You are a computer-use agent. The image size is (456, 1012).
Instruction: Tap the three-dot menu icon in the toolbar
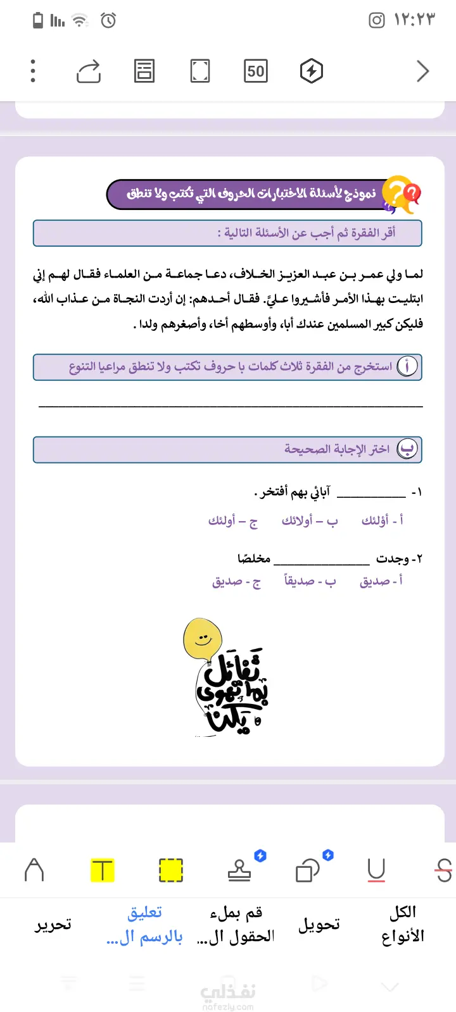[33, 71]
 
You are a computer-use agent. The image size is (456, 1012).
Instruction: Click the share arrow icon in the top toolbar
[89, 71]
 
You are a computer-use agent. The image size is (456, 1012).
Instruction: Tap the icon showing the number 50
[256, 71]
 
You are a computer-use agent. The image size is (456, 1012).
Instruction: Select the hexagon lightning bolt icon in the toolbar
[311, 71]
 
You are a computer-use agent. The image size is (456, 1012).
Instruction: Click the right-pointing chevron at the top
[422, 71]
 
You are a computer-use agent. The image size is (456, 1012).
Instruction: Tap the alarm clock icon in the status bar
[108, 20]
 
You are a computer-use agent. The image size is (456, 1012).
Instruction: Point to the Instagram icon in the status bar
[377, 20]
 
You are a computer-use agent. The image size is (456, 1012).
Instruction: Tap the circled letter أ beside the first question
[407, 366]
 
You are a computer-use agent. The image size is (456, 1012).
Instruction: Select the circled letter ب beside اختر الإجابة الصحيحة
[407, 449]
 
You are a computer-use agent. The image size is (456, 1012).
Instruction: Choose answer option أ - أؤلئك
[382, 521]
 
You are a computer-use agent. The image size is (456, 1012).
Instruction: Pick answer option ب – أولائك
[310, 521]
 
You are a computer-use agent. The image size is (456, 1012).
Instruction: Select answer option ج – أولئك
[233, 521]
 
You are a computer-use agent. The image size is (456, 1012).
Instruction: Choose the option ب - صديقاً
[310, 581]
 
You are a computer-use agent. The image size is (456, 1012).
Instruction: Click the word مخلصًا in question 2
[254, 558]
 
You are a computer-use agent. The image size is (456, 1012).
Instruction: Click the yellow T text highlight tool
[102, 870]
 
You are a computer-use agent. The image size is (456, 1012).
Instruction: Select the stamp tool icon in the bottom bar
[239, 870]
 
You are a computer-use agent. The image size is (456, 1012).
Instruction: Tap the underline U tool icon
[376, 870]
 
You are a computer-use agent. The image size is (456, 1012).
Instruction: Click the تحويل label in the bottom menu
[319, 925]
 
